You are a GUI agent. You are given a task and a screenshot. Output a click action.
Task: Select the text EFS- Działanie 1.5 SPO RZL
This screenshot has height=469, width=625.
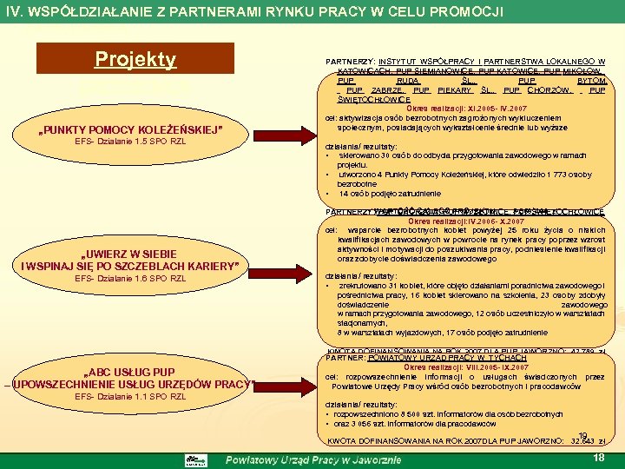pyautogui.click(x=130, y=142)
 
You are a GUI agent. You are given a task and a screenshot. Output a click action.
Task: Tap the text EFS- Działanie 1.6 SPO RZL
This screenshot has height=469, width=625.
pyautogui.click(x=130, y=278)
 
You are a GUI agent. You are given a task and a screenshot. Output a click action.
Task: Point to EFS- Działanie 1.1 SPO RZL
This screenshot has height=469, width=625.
pyautogui.click(x=130, y=396)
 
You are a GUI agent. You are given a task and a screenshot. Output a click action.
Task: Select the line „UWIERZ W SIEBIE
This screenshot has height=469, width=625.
pyautogui.click(x=130, y=254)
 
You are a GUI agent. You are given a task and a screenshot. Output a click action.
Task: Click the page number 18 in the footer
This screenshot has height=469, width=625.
pyautogui.click(x=597, y=457)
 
